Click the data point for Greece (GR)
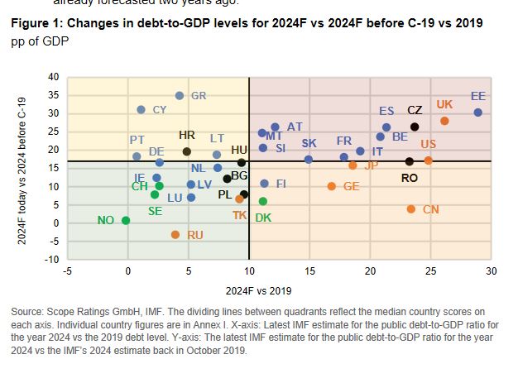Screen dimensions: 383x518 [180, 96]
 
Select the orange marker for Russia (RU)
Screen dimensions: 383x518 [175, 235]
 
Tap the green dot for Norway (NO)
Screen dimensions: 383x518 [126, 220]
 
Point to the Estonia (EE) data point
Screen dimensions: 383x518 [477, 113]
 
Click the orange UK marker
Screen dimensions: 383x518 [444, 121]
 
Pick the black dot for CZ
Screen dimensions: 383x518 [415, 127]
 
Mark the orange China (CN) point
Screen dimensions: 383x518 [411, 209]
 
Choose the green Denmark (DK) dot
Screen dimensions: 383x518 [263, 201]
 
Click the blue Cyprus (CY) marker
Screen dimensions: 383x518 [141, 109]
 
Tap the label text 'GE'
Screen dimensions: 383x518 [351, 187]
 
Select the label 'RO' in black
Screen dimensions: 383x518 [410, 177]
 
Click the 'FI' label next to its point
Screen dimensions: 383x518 [281, 184]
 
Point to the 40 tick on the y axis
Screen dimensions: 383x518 [54, 78]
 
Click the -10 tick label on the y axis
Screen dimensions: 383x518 [52, 260]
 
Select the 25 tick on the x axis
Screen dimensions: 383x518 [430, 270]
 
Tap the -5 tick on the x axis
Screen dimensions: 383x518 [67, 270]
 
